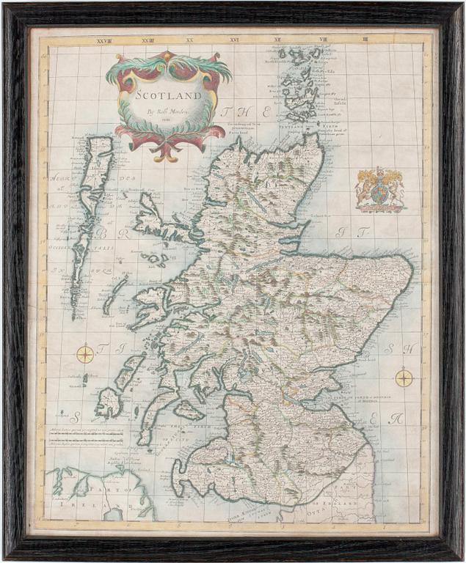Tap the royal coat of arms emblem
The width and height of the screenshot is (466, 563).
pos(379,189)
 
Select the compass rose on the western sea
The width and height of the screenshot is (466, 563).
pos(85,354)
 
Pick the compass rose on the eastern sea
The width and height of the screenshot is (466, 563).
pos(404,378)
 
